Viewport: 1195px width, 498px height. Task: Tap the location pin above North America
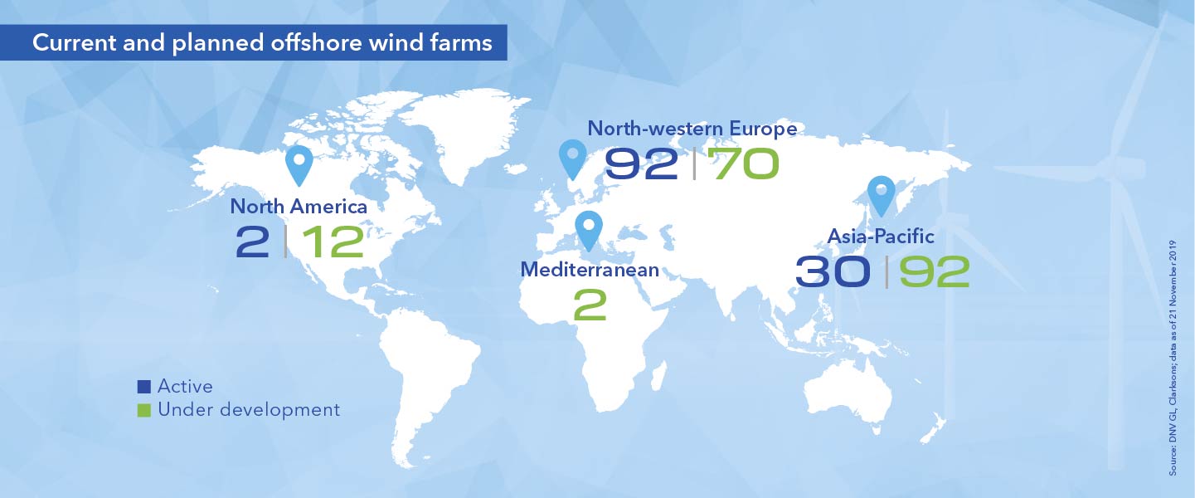(300, 165)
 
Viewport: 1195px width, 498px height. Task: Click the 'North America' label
(299, 207)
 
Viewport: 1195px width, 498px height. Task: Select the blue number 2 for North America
(253, 241)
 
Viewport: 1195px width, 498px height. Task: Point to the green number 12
(333, 241)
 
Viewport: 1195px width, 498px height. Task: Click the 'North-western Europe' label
(692, 129)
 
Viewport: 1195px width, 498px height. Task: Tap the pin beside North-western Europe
(572, 159)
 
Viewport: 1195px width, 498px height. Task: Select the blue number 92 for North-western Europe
(643, 164)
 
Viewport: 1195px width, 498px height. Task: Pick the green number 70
(745, 164)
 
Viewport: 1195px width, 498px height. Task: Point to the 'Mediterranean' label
(590, 270)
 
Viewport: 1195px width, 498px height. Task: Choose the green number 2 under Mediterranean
(590, 305)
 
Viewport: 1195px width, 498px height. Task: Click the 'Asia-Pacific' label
(881, 237)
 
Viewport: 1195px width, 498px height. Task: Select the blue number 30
(833, 271)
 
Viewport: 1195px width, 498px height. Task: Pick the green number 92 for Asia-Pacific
(935, 271)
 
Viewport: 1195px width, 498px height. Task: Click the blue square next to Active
(144, 386)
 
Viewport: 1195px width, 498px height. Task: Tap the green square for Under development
(144, 410)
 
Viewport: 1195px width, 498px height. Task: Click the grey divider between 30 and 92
(887, 271)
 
